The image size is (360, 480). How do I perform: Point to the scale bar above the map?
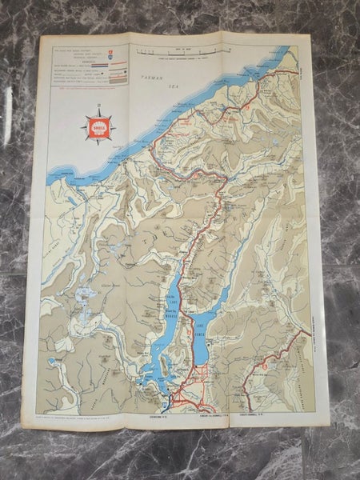click(x=183, y=53)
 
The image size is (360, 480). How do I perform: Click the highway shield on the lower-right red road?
click(x=262, y=366)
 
